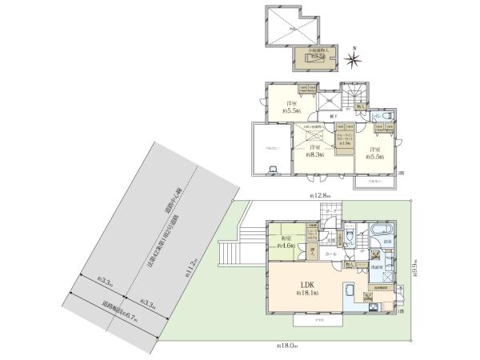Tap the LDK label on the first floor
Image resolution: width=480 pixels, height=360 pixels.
click(x=306, y=286)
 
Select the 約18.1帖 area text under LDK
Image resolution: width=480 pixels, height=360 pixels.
click(x=307, y=294)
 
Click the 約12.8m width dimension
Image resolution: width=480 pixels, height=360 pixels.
click(x=322, y=196)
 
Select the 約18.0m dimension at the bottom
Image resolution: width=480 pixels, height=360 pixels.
click(x=286, y=346)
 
